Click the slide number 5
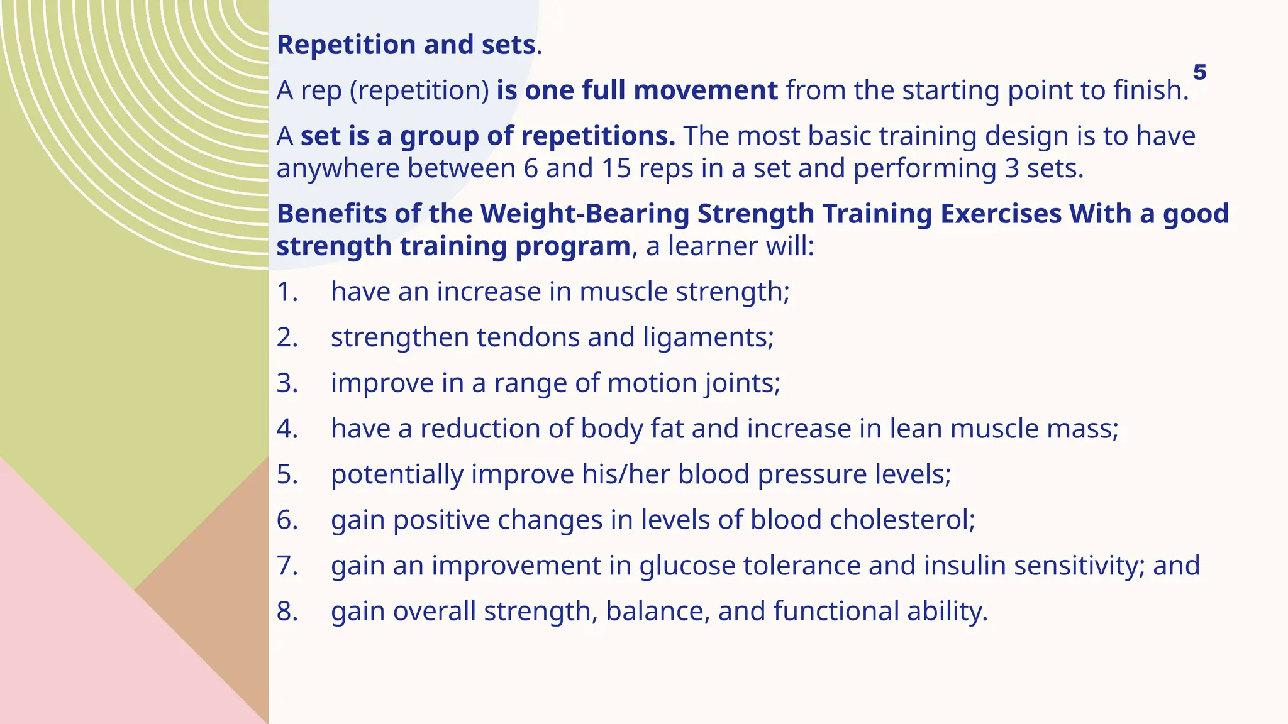pyautogui.click(x=1199, y=72)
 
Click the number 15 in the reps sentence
pyautogui.click(x=616, y=168)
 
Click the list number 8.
pyautogui.click(x=287, y=612)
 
